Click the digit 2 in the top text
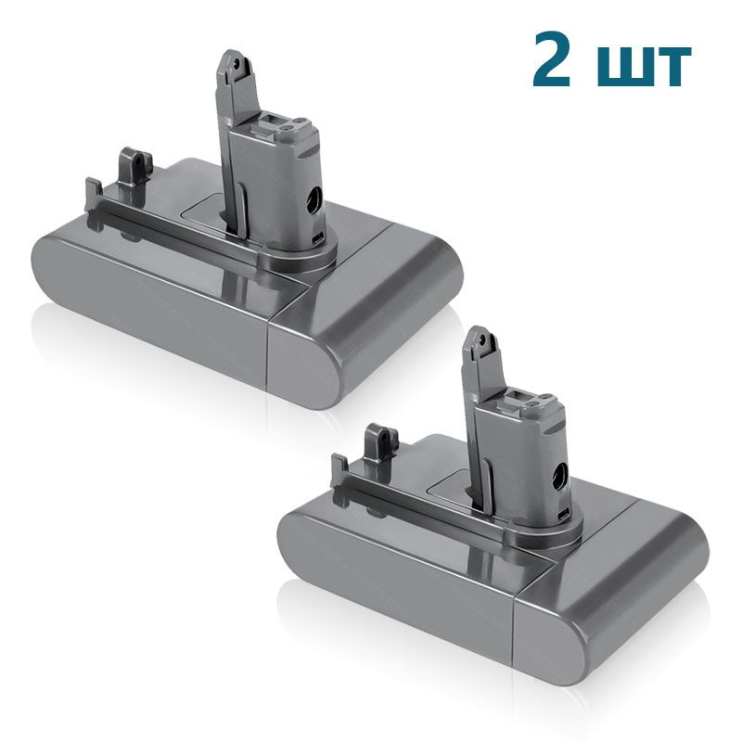coord(556,59)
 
